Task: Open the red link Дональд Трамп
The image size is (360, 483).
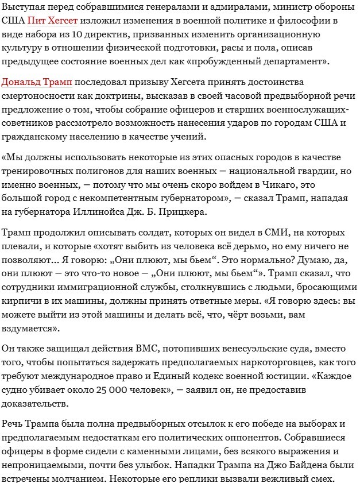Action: point(37,83)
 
